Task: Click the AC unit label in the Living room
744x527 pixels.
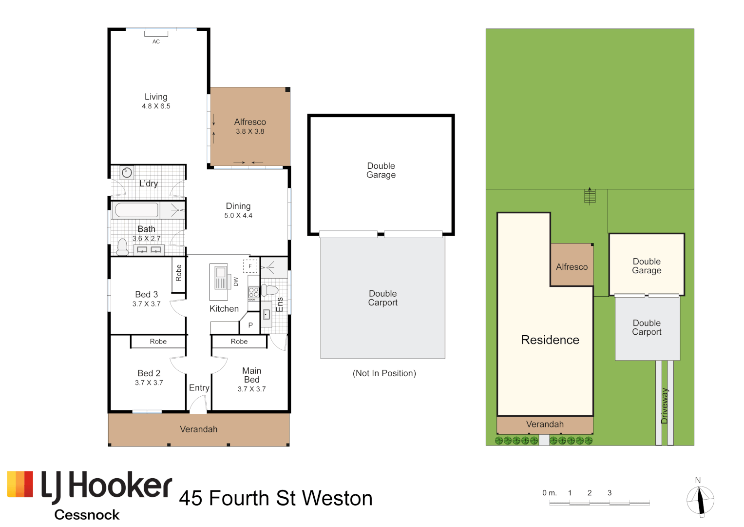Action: [156, 41]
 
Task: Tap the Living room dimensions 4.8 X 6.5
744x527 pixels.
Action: [156, 106]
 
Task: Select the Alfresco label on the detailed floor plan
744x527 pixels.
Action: [250, 122]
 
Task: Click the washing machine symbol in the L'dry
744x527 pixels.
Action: [127, 172]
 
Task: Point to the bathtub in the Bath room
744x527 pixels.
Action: [136, 210]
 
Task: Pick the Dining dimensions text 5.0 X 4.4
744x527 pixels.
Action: [238, 215]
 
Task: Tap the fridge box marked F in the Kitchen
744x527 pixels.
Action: [250, 266]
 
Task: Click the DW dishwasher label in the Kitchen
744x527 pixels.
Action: [236, 282]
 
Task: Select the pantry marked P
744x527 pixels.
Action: [250, 325]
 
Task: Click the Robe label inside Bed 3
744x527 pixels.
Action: [179, 272]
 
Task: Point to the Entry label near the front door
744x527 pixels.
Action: [199, 387]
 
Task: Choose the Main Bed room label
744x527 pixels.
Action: [251, 375]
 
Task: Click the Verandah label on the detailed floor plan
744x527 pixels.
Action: [199, 429]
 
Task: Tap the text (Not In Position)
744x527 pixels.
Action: [384, 373]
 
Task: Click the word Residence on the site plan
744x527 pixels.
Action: [550, 340]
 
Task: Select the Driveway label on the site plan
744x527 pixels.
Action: [665, 406]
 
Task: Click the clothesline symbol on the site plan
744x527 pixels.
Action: [590, 196]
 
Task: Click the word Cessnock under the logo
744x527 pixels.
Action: [87, 515]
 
